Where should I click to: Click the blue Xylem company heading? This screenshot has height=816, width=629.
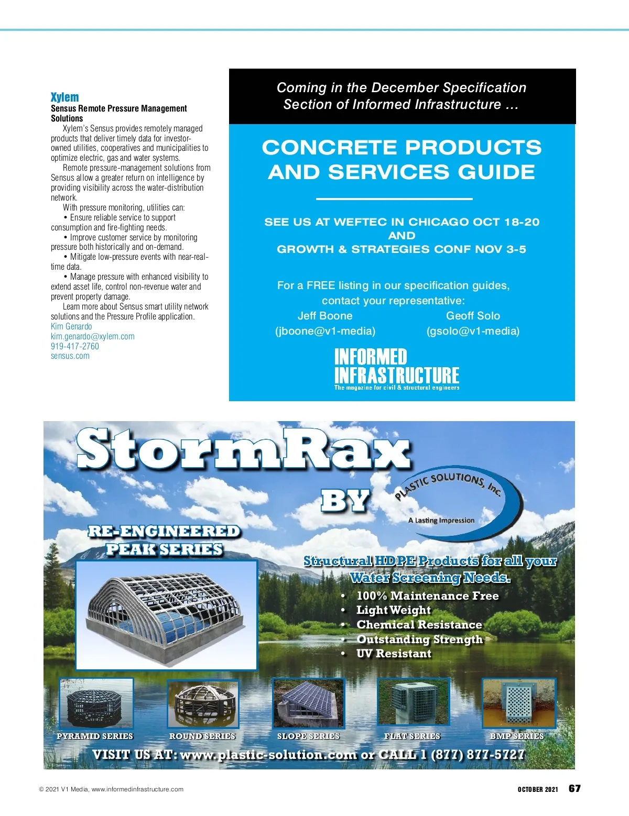click(64, 97)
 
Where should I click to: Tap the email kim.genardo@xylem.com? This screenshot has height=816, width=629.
click(92, 336)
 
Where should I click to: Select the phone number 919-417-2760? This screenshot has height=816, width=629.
click(74, 346)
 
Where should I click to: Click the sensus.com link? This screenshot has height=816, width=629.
click(70, 356)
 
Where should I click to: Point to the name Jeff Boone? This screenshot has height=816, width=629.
click(325, 316)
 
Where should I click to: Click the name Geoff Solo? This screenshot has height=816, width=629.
click(473, 316)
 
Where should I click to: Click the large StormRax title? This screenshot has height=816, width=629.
click(244, 449)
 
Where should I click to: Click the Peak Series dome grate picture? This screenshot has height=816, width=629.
click(166, 615)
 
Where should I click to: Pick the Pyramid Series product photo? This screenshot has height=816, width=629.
click(96, 703)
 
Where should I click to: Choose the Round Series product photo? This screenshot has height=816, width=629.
click(202, 704)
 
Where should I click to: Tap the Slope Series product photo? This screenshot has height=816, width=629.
click(308, 703)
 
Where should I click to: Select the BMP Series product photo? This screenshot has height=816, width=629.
click(518, 703)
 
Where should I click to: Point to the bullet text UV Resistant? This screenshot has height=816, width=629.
click(394, 654)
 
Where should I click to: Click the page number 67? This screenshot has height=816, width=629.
click(574, 789)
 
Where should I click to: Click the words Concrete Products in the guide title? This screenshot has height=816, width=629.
click(402, 148)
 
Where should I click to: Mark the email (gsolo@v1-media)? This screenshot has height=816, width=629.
click(473, 331)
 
